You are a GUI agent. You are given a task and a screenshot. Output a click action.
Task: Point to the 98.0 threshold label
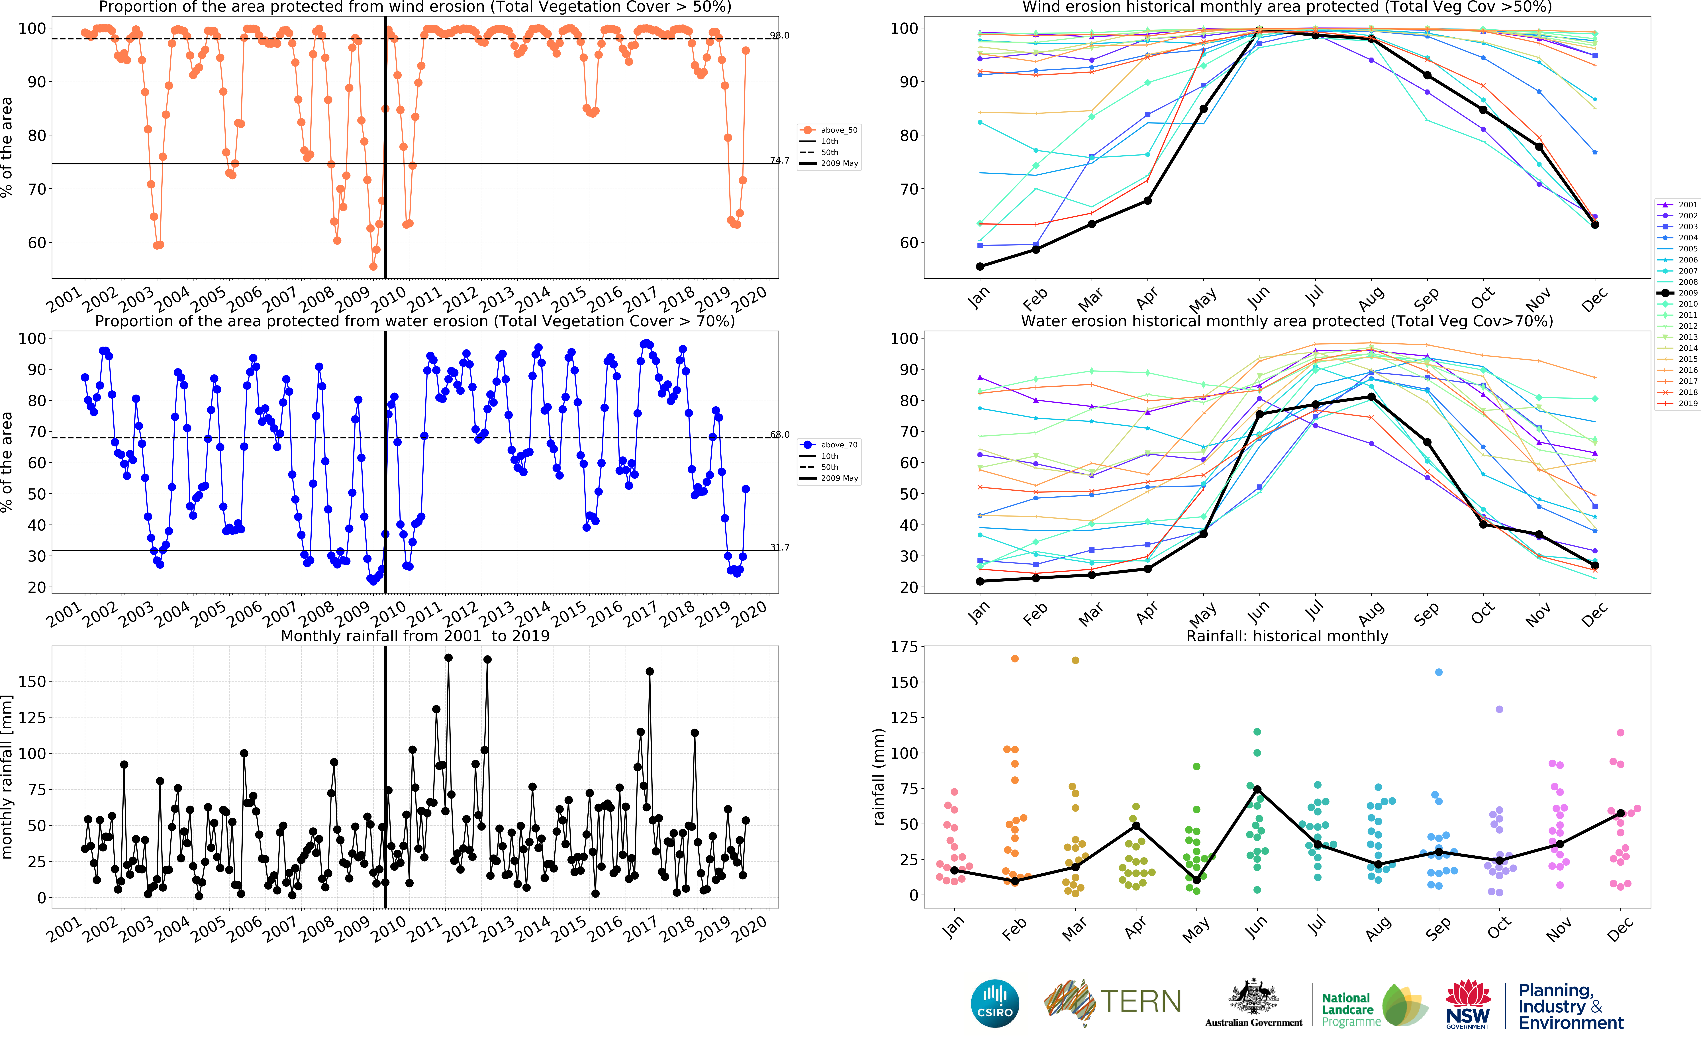(779, 35)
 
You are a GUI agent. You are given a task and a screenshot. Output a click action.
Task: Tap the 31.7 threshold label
(779, 548)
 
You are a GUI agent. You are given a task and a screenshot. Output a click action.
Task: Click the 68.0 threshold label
(779, 435)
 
